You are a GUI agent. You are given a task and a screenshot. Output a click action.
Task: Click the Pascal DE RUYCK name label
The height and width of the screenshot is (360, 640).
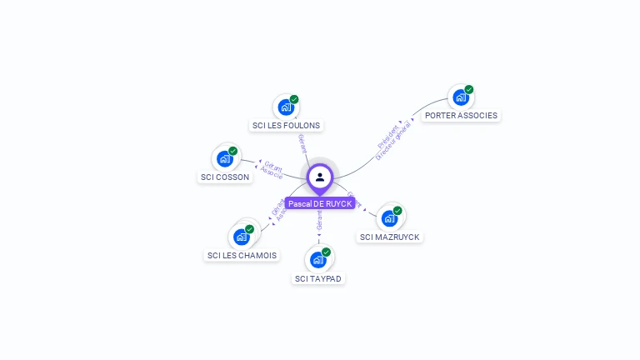point(320,203)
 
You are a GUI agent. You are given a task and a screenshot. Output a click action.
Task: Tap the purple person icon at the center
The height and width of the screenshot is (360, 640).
point(320,177)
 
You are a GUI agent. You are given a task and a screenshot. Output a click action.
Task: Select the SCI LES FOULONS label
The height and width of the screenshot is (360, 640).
point(286,126)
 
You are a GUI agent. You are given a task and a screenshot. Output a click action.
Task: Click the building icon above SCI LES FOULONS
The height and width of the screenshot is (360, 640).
point(286,107)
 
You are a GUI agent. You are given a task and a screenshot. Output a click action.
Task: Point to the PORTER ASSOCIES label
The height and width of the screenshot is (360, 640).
point(461,116)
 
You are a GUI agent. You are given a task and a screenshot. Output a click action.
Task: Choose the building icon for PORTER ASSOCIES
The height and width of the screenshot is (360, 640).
point(461,97)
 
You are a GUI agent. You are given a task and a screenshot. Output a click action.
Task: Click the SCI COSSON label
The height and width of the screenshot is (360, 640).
point(225,177)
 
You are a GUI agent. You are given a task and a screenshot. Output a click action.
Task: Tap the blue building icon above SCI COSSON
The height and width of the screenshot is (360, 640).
point(224,158)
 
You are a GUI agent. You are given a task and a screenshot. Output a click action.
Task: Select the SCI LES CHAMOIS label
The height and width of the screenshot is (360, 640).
point(242,255)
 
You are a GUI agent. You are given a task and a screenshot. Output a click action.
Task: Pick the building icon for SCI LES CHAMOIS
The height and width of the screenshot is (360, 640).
point(242,237)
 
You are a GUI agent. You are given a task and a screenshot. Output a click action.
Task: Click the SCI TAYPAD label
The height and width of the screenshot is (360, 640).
point(318,278)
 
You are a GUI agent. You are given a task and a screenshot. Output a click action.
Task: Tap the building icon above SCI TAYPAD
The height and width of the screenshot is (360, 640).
point(318,259)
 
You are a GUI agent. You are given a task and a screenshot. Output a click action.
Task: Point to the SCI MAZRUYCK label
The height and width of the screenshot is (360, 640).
point(390,237)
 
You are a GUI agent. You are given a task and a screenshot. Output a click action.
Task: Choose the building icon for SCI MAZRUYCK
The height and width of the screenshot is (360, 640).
point(389,219)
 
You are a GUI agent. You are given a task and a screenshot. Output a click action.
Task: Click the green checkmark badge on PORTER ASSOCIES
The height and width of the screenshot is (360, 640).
point(469,90)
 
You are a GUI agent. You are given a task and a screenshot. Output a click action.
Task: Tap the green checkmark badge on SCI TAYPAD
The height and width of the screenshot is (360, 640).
point(327,252)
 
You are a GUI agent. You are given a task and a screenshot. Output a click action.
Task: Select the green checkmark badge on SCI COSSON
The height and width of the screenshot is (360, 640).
point(232,151)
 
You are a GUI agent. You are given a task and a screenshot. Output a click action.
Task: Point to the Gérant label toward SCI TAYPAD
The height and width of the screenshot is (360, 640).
point(319,220)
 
